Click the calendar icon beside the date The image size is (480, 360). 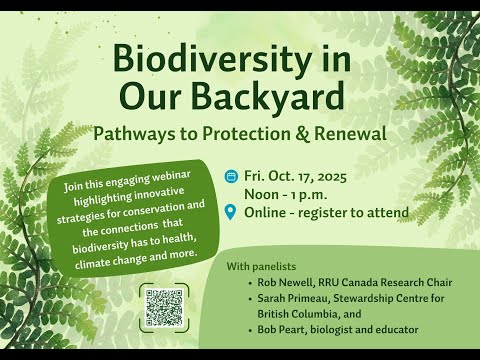pos(232,175)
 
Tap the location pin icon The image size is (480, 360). pos(232,211)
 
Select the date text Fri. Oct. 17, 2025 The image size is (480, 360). pos(300,175)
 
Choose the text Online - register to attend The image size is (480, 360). pos(326,211)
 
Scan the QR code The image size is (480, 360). pos(164,307)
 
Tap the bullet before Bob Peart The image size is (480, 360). pos(249,329)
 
